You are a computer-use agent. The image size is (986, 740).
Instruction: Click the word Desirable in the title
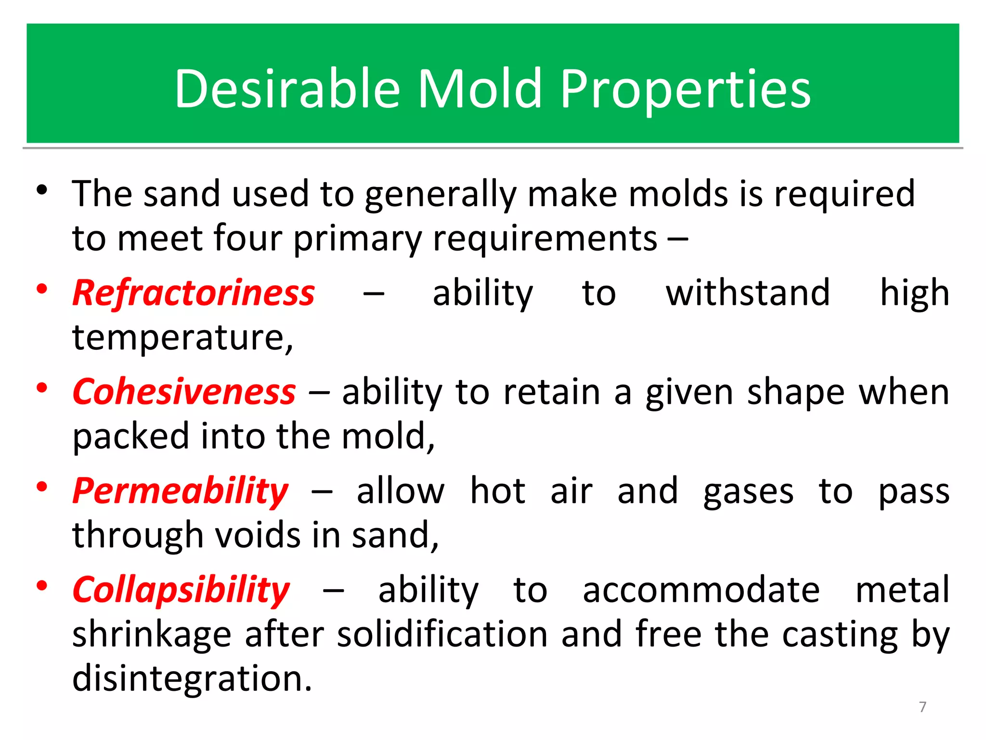point(287,89)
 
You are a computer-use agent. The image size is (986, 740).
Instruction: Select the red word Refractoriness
point(194,293)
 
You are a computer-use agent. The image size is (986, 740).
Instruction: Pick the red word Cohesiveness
point(184,392)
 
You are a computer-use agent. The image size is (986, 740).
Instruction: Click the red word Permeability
point(180,491)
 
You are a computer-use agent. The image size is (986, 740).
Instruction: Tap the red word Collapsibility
point(181,591)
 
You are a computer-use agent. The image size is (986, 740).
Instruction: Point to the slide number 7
point(922,707)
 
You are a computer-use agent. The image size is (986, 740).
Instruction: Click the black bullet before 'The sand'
point(42,190)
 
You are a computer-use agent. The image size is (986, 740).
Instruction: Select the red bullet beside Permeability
point(42,487)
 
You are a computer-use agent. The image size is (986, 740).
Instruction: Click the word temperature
point(182,337)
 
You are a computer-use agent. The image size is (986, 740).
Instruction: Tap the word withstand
point(748,293)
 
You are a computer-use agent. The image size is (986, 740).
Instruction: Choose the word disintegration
point(192,678)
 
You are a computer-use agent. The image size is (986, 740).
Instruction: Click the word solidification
point(442,634)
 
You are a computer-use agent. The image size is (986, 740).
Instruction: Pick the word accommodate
point(701,591)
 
